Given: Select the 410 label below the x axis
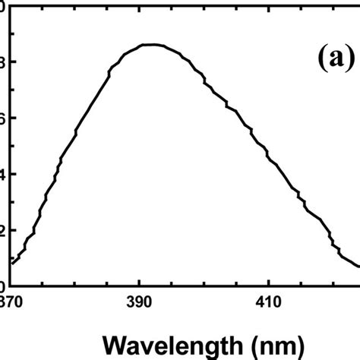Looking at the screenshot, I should [270, 302].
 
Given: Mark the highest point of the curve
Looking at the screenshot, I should [152, 45].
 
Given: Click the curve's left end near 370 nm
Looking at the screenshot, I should [12, 263].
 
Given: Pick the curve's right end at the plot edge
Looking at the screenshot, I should [358, 267].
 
